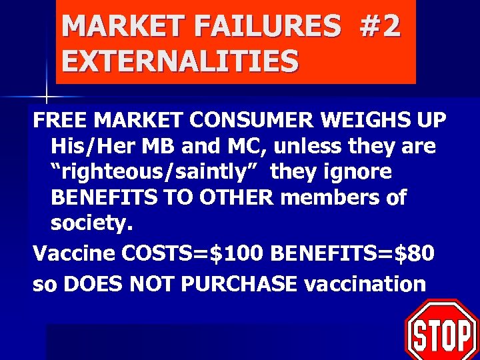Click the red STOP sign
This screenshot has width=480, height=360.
coord(441,331)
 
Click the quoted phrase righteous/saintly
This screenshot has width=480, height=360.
coord(151,171)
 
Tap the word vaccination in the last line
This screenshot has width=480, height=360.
coord(364,283)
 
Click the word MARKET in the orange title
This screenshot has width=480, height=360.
coord(113,27)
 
